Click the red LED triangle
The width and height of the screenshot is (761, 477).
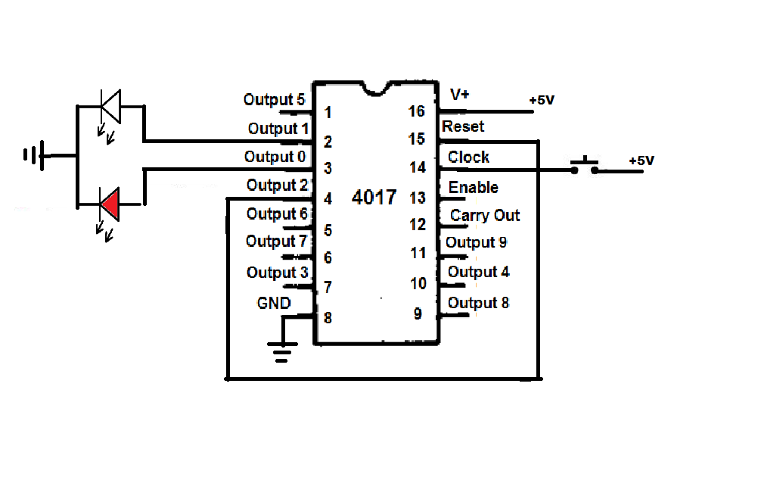[x=110, y=204]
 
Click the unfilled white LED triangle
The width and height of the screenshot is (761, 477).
[x=110, y=105]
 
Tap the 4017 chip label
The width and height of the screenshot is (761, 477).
[x=374, y=197]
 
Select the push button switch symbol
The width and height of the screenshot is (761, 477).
[x=584, y=166]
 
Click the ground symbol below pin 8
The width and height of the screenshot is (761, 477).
[x=282, y=352]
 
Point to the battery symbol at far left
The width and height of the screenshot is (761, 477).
[x=34, y=155]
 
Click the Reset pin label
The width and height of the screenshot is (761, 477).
[x=463, y=126]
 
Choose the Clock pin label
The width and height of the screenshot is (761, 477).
[x=468, y=157]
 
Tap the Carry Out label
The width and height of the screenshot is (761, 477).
[x=485, y=215]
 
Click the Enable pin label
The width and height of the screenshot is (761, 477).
[x=474, y=187]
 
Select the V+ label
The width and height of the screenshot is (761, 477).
[x=460, y=94]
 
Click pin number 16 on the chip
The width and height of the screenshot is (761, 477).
[x=416, y=111]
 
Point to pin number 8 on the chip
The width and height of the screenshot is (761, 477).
[x=328, y=318]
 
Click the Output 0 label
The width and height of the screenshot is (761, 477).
[x=275, y=157]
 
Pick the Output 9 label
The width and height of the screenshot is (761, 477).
[x=476, y=242]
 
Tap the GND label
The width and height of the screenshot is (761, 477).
[x=274, y=303]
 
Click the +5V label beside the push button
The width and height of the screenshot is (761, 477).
[x=641, y=161]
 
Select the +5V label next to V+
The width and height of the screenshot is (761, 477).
[x=542, y=100]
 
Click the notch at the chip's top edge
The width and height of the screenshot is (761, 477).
[x=376, y=89]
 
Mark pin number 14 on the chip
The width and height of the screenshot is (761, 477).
[x=418, y=167]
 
